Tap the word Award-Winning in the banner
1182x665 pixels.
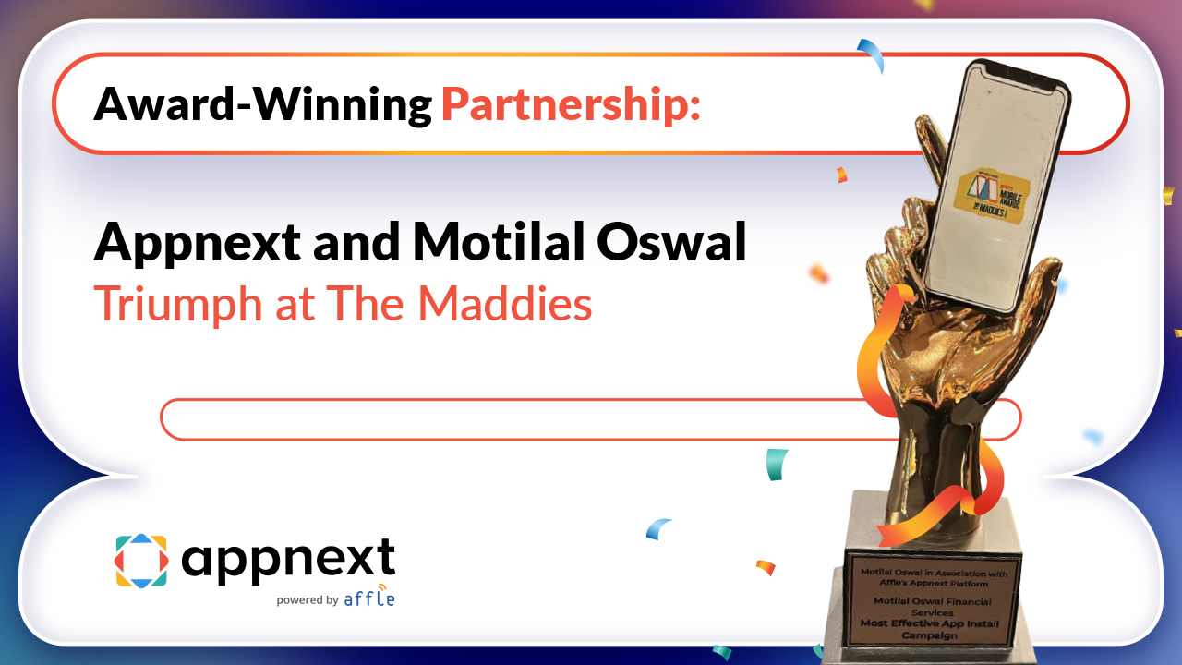262,104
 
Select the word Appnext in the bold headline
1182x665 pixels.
198,242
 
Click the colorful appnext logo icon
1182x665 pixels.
141,560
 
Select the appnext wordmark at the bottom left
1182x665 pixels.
288,557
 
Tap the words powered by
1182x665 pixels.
307,600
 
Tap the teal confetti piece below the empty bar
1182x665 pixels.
778,464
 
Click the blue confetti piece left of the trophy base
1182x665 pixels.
658,528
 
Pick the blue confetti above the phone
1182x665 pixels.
872,54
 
